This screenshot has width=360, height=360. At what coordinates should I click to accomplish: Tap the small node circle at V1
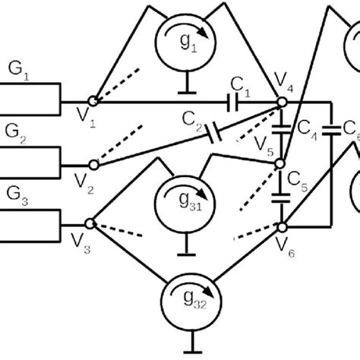click(93, 100)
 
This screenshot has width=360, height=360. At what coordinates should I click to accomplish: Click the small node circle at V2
click(93, 163)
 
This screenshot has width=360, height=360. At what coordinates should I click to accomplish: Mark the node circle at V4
click(281, 101)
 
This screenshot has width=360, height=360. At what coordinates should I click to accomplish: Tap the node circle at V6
click(281, 225)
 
